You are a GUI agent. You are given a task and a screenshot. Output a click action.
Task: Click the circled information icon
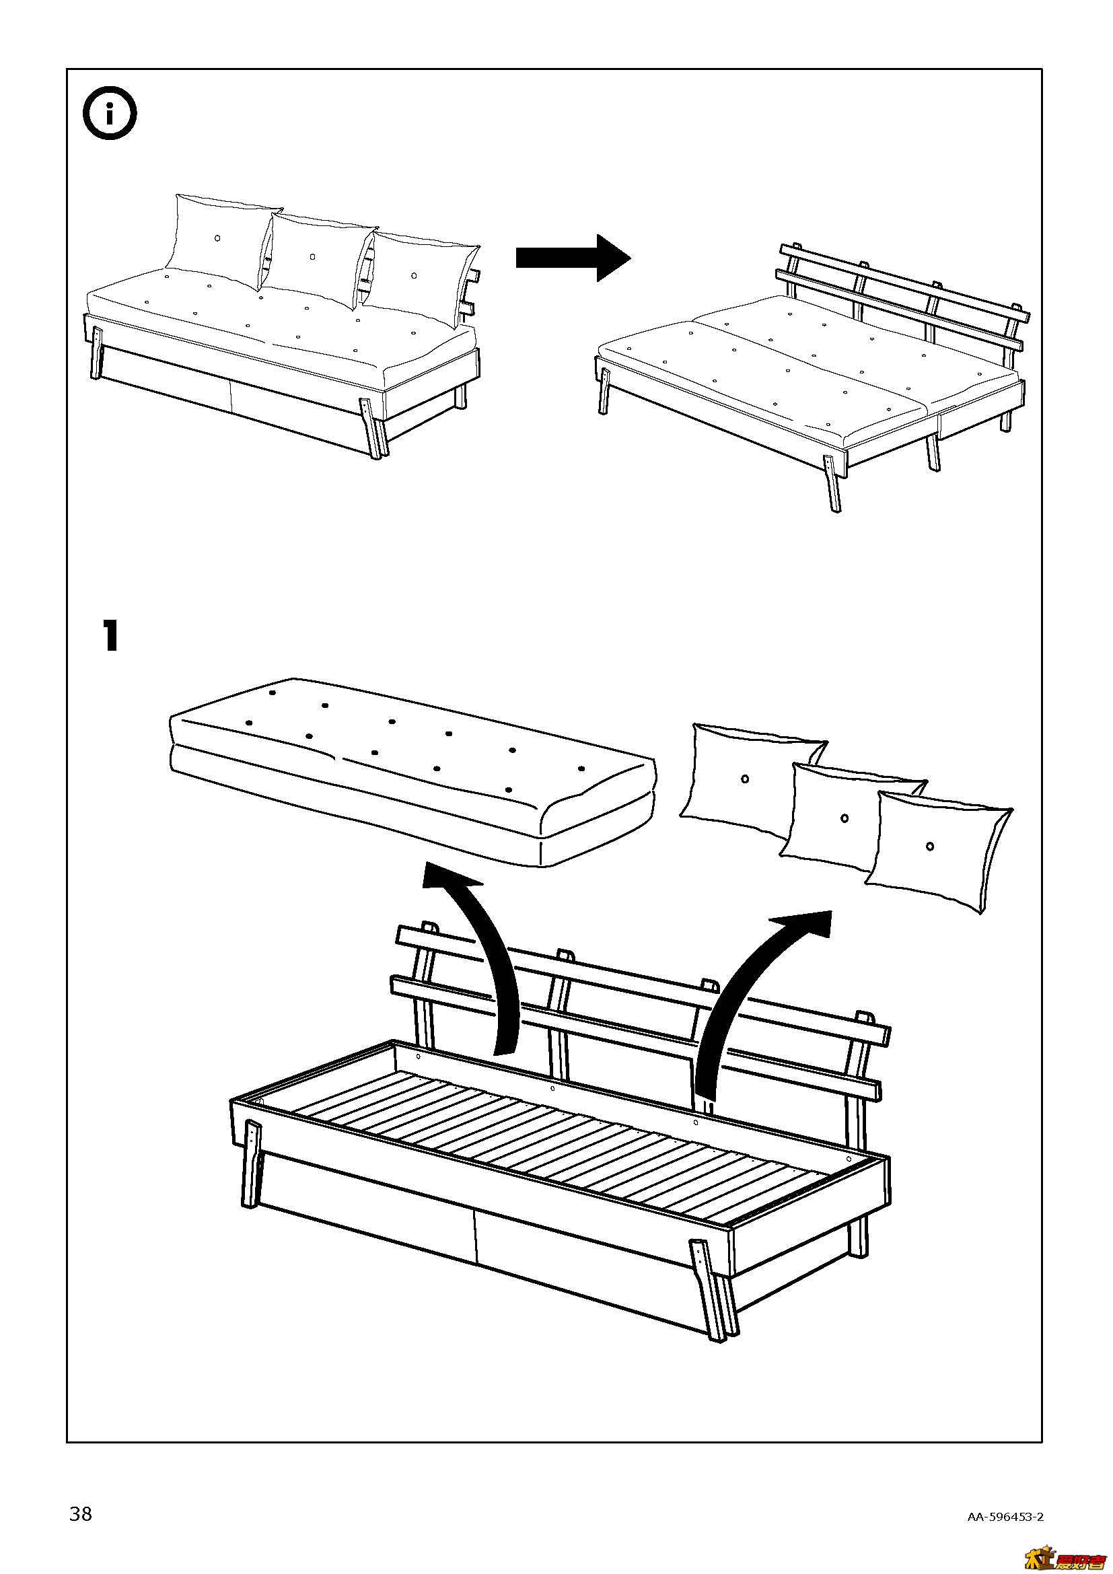tap(110, 113)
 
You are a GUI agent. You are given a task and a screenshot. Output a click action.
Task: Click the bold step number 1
tap(110, 635)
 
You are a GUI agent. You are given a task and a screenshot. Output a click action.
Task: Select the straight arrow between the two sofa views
tap(572, 258)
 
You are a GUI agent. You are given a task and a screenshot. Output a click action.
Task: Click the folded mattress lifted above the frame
tap(411, 775)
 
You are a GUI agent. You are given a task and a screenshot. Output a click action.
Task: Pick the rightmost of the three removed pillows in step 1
tap(939, 850)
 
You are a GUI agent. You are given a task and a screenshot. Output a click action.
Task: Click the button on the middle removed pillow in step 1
tap(845, 818)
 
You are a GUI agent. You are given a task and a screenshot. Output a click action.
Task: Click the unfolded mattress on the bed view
tap(809, 370)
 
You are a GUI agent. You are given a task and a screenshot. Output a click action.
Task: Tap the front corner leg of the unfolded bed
tap(830, 483)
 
